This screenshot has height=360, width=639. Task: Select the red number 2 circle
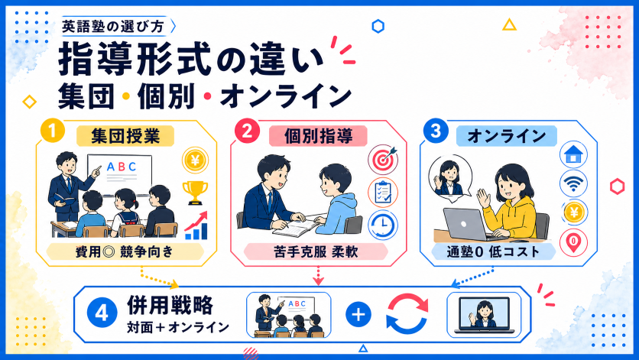(247, 131)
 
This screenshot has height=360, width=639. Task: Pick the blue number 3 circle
(435, 131)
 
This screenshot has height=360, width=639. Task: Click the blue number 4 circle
(102, 313)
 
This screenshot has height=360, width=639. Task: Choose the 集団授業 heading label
(125, 136)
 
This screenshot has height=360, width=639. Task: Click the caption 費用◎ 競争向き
(125, 251)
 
